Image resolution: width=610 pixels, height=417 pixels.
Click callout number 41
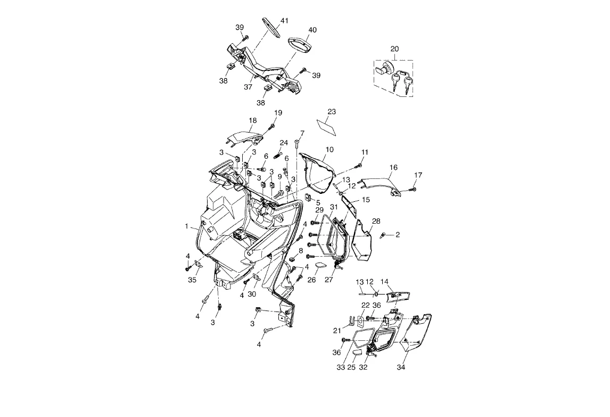point(284,21)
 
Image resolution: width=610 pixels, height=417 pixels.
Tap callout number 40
point(312,30)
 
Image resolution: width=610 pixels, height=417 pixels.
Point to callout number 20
point(394,49)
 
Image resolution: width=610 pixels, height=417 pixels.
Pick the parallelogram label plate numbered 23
point(327,126)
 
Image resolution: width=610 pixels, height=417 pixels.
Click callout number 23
point(332,112)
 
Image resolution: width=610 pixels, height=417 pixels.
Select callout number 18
point(253,120)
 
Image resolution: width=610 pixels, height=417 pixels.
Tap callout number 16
point(393,167)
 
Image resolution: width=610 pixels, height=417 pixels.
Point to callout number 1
point(187,226)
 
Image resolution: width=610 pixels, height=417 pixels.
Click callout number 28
point(376,221)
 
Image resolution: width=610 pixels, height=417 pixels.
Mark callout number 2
point(397,234)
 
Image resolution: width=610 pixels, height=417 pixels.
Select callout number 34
point(401,367)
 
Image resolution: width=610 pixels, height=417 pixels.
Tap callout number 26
point(312,280)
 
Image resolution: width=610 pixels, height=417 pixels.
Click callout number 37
point(248,86)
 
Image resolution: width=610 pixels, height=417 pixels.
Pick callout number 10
point(330,150)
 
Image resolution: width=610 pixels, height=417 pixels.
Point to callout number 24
point(284,143)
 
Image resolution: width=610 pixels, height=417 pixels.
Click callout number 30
point(252,293)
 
